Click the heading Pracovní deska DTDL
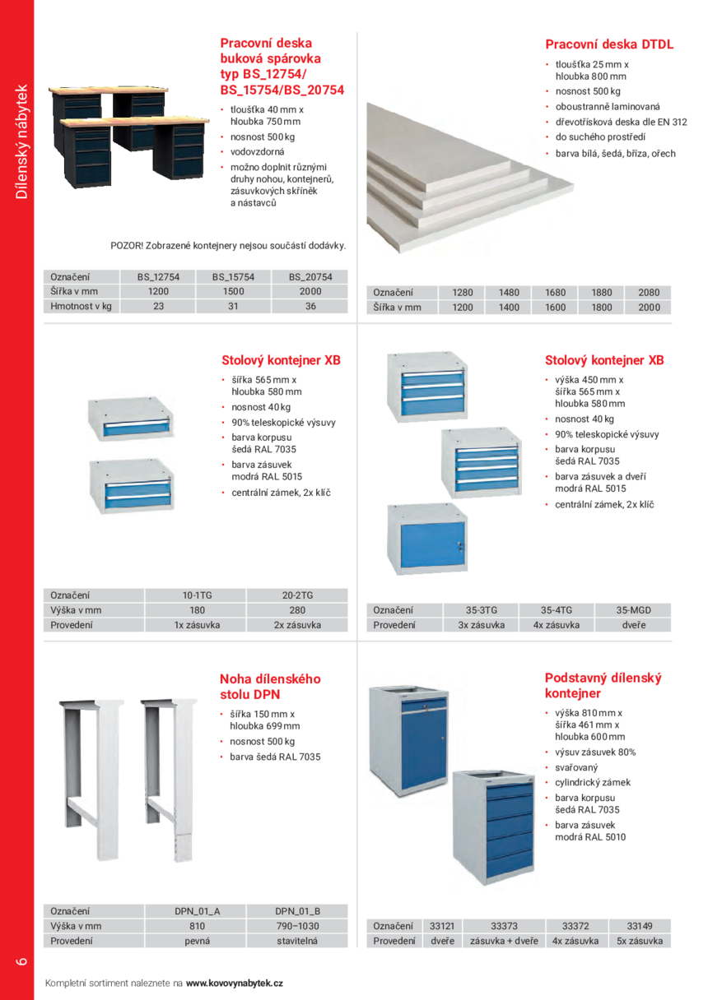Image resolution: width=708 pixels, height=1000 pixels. (609, 44)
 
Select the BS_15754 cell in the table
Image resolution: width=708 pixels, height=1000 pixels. (233, 277)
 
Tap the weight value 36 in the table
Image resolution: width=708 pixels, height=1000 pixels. (310, 306)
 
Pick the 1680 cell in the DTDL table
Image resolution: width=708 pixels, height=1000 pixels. (556, 293)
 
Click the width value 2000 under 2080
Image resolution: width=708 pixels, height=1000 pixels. (649, 308)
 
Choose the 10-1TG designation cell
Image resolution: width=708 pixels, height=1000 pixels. (197, 595)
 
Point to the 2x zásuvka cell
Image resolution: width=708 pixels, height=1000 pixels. (297, 625)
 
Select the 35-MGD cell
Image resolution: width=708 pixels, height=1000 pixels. (633, 610)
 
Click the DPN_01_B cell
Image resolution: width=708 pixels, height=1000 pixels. (297, 911)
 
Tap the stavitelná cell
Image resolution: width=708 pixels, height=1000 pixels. (297, 941)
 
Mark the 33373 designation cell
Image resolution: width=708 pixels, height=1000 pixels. (503, 926)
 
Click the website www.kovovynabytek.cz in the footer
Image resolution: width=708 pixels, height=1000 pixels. (235, 983)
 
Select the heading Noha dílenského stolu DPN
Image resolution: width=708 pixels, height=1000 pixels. (270, 687)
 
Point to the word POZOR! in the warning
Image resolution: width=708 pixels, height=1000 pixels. (126, 245)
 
